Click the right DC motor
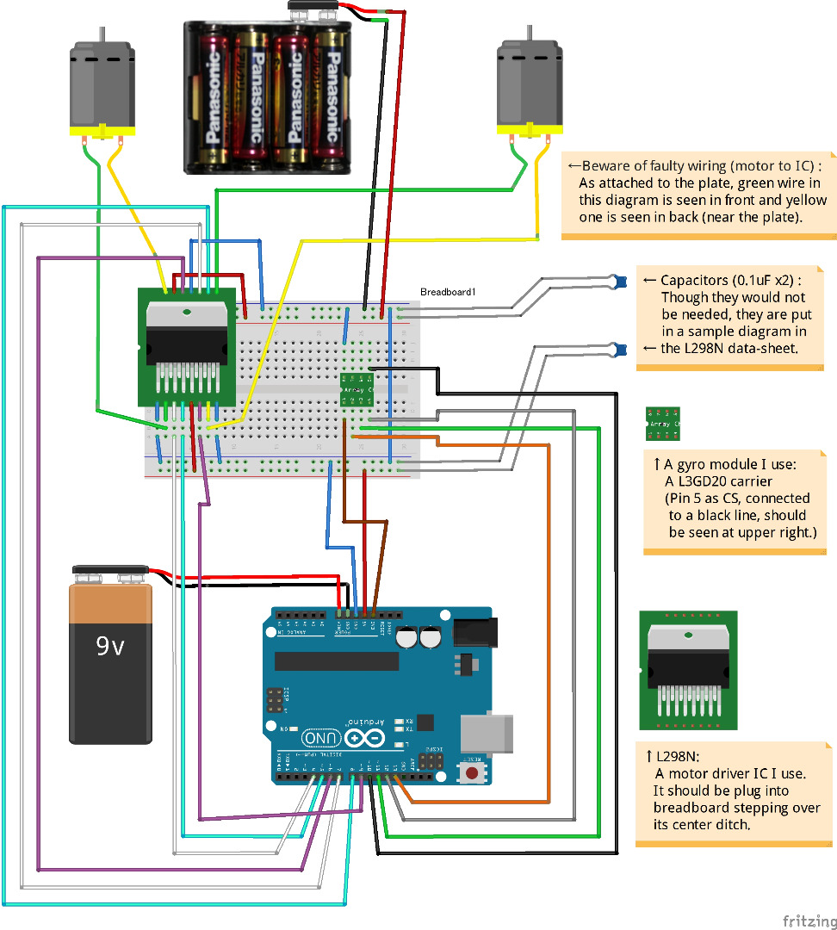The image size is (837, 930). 530,82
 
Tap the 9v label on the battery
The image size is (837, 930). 110,646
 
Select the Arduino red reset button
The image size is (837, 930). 472,773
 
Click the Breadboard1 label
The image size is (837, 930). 448,293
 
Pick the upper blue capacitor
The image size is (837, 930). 617,280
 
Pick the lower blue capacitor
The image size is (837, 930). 617,349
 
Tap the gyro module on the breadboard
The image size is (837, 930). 356,388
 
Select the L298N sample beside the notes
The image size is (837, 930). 689,670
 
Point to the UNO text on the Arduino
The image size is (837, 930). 321,739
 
